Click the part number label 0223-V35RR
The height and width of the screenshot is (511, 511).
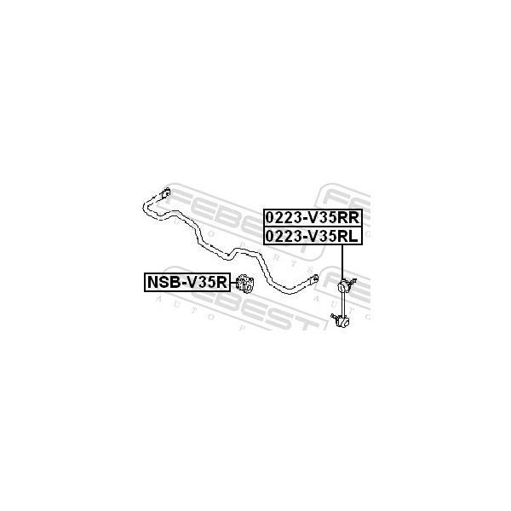(x=313, y=218)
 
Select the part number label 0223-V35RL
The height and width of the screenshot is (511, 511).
(x=313, y=236)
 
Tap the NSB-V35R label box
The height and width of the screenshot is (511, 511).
(x=187, y=282)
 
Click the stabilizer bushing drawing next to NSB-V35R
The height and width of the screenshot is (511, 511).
(x=244, y=284)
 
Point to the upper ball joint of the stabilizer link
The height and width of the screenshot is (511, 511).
(x=342, y=286)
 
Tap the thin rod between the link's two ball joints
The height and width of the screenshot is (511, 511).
(x=342, y=304)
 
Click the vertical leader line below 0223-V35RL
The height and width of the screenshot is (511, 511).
(x=342, y=262)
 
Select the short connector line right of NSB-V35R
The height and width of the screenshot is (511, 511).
(x=233, y=283)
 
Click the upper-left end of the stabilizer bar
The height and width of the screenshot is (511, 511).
(x=166, y=192)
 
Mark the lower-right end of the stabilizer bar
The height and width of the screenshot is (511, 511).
(x=315, y=279)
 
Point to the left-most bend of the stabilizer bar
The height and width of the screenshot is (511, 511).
(x=146, y=206)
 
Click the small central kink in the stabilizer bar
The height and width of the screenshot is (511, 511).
(x=229, y=255)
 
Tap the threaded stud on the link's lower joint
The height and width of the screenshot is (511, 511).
(x=334, y=316)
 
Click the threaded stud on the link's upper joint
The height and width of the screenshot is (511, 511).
(x=352, y=281)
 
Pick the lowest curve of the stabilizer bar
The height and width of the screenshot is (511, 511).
(x=290, y=290)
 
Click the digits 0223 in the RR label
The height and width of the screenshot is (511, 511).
(x=284, y=218)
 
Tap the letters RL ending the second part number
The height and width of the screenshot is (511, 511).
(x=347, y=236)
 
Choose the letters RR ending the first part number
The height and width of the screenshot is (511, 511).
(x=348, y=218)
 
